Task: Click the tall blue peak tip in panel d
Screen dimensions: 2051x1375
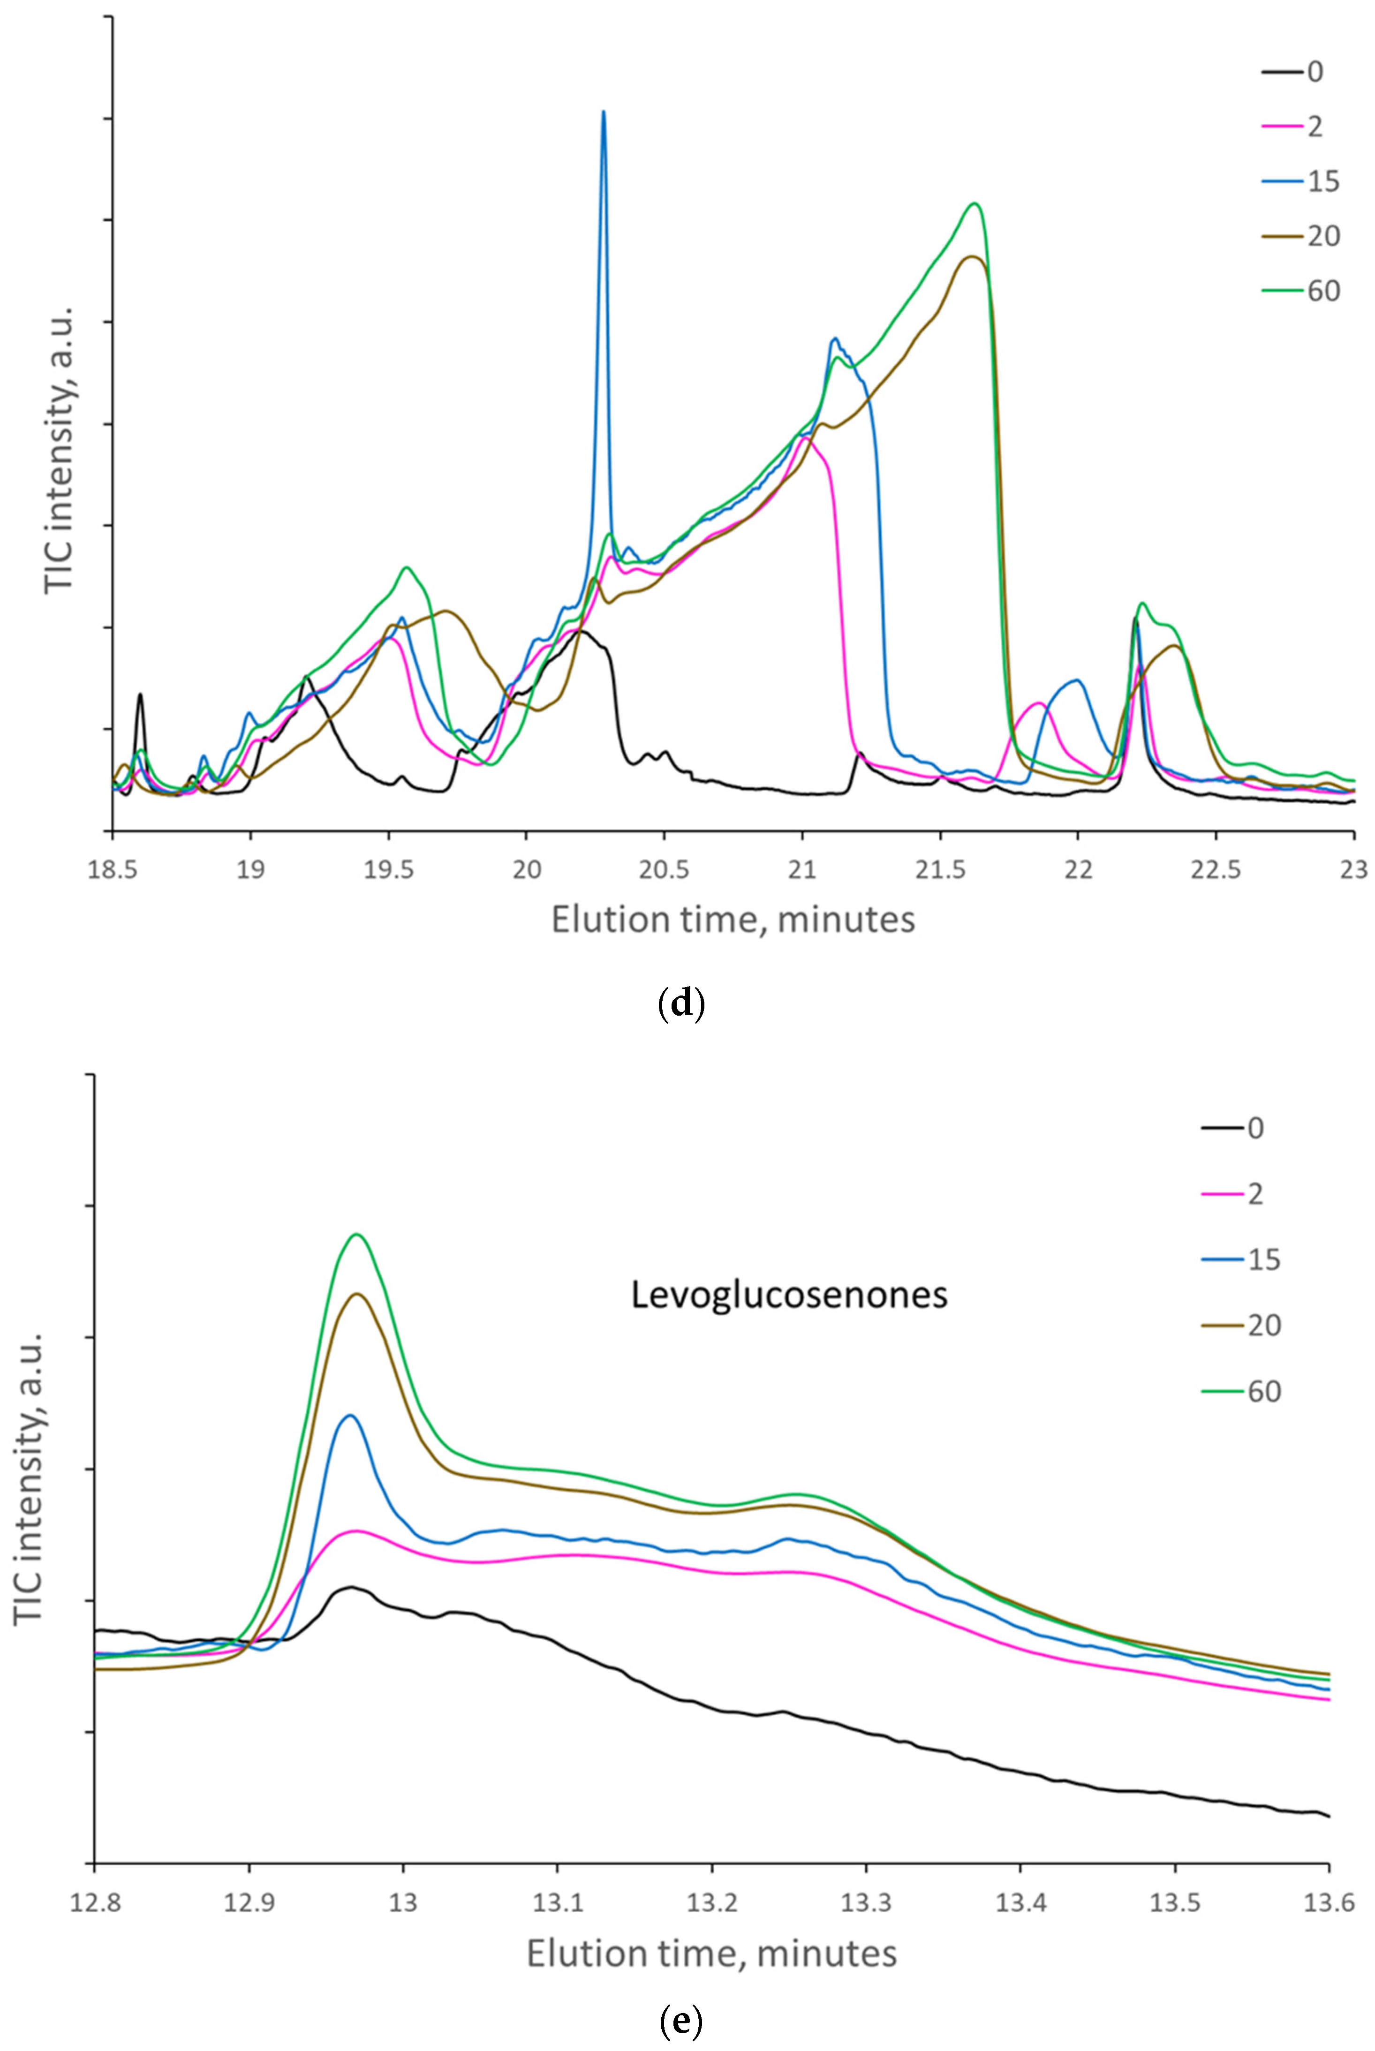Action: click(x=603, y=112)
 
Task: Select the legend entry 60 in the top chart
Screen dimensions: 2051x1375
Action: click(x=1322, y=290)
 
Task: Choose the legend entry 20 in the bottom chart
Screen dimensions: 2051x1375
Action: click(x=1264, y=1325)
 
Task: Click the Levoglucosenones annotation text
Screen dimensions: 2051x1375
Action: click(x=789, y=1294)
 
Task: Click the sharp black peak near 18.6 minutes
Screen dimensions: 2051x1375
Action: click(x=139, y=694)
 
